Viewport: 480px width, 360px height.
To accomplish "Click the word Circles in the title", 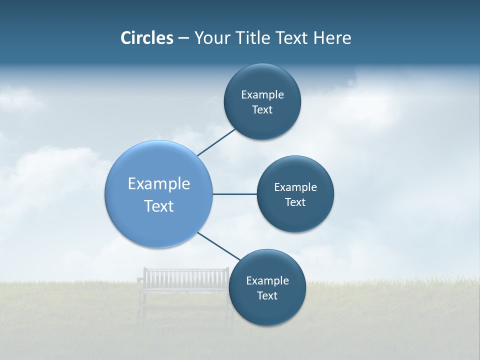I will coord(146,38).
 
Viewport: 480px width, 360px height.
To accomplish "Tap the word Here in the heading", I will coord(332,38).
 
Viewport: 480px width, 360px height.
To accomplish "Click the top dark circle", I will coord(262,80).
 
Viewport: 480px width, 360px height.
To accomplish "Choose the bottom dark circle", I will coord(267,310).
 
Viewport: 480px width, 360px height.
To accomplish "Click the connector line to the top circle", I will coord(217,141).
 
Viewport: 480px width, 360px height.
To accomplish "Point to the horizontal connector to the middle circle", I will coord(234,194).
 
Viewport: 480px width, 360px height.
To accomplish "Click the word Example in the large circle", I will coord(159,183).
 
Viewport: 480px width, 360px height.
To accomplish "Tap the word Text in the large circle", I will coord(159,206).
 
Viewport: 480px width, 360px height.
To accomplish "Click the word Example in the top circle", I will coord(262,94).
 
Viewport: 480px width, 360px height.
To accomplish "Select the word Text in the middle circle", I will coord(295,202).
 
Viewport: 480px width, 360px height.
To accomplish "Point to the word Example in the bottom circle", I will coord(267,280).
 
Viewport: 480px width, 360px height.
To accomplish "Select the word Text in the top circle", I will coord(262,109).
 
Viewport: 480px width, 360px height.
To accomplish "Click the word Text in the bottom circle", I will coord(267,295).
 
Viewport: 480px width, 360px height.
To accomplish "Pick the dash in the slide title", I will coord(183,38).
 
